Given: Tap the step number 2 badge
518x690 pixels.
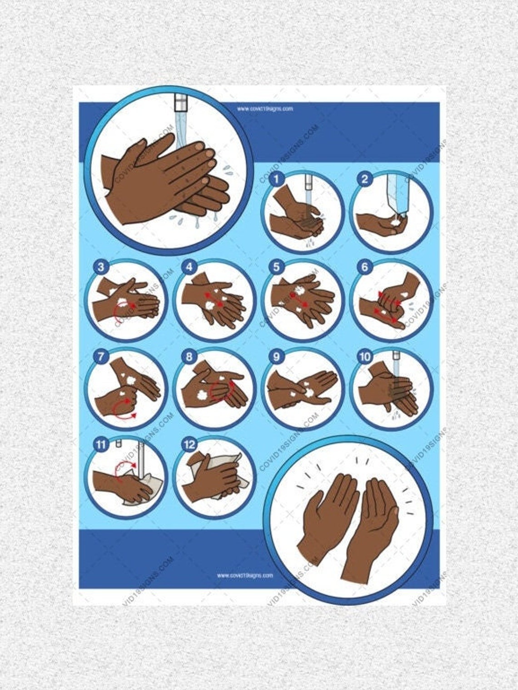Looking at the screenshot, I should (x=364, y=179).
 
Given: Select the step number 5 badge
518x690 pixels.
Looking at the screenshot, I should (x=276, y=267).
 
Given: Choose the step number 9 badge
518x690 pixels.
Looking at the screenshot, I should (x=276, y=357).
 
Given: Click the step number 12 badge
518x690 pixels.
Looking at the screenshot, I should (x=189, y=444).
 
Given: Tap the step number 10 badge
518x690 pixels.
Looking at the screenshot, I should (x=364, y=357).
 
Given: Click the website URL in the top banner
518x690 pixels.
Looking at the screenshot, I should (x=265, y=109).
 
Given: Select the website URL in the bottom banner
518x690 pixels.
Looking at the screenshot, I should (x=245, y=575).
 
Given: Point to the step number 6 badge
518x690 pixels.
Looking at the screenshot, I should (x=364, y=267).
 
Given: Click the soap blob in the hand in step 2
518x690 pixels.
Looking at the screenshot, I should (x=393, y=223).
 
